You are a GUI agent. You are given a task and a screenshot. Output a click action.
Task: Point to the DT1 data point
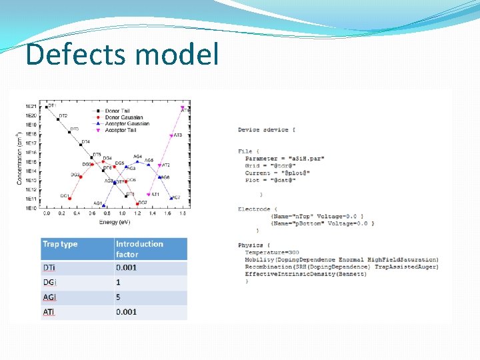pyautogui.click(x=44, y=106)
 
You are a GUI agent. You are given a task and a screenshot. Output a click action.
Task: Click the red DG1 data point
pyautogui.click(x=71, y=198)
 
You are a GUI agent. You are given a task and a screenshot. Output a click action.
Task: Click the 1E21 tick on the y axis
pyautogui.click(x=31, y=107)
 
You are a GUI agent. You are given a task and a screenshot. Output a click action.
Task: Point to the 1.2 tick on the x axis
pyautogui.click(x=137, y=214)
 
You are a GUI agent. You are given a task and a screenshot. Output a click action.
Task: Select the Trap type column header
pyautogui.click(x=60, y=244)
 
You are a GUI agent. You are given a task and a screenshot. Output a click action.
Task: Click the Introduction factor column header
pyautogui.click(x=139, y=249)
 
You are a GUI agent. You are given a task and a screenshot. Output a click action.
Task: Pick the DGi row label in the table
pyautogui.click(x=49, y=282)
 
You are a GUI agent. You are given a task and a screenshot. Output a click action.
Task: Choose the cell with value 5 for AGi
pyautogui.click(x=119, y=297)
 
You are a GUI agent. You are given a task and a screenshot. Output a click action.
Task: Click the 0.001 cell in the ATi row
pyautogui.click(x=126, y=312)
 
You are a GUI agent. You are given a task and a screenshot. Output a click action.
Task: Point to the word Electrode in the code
pyautogui.click(x=253, y=209)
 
